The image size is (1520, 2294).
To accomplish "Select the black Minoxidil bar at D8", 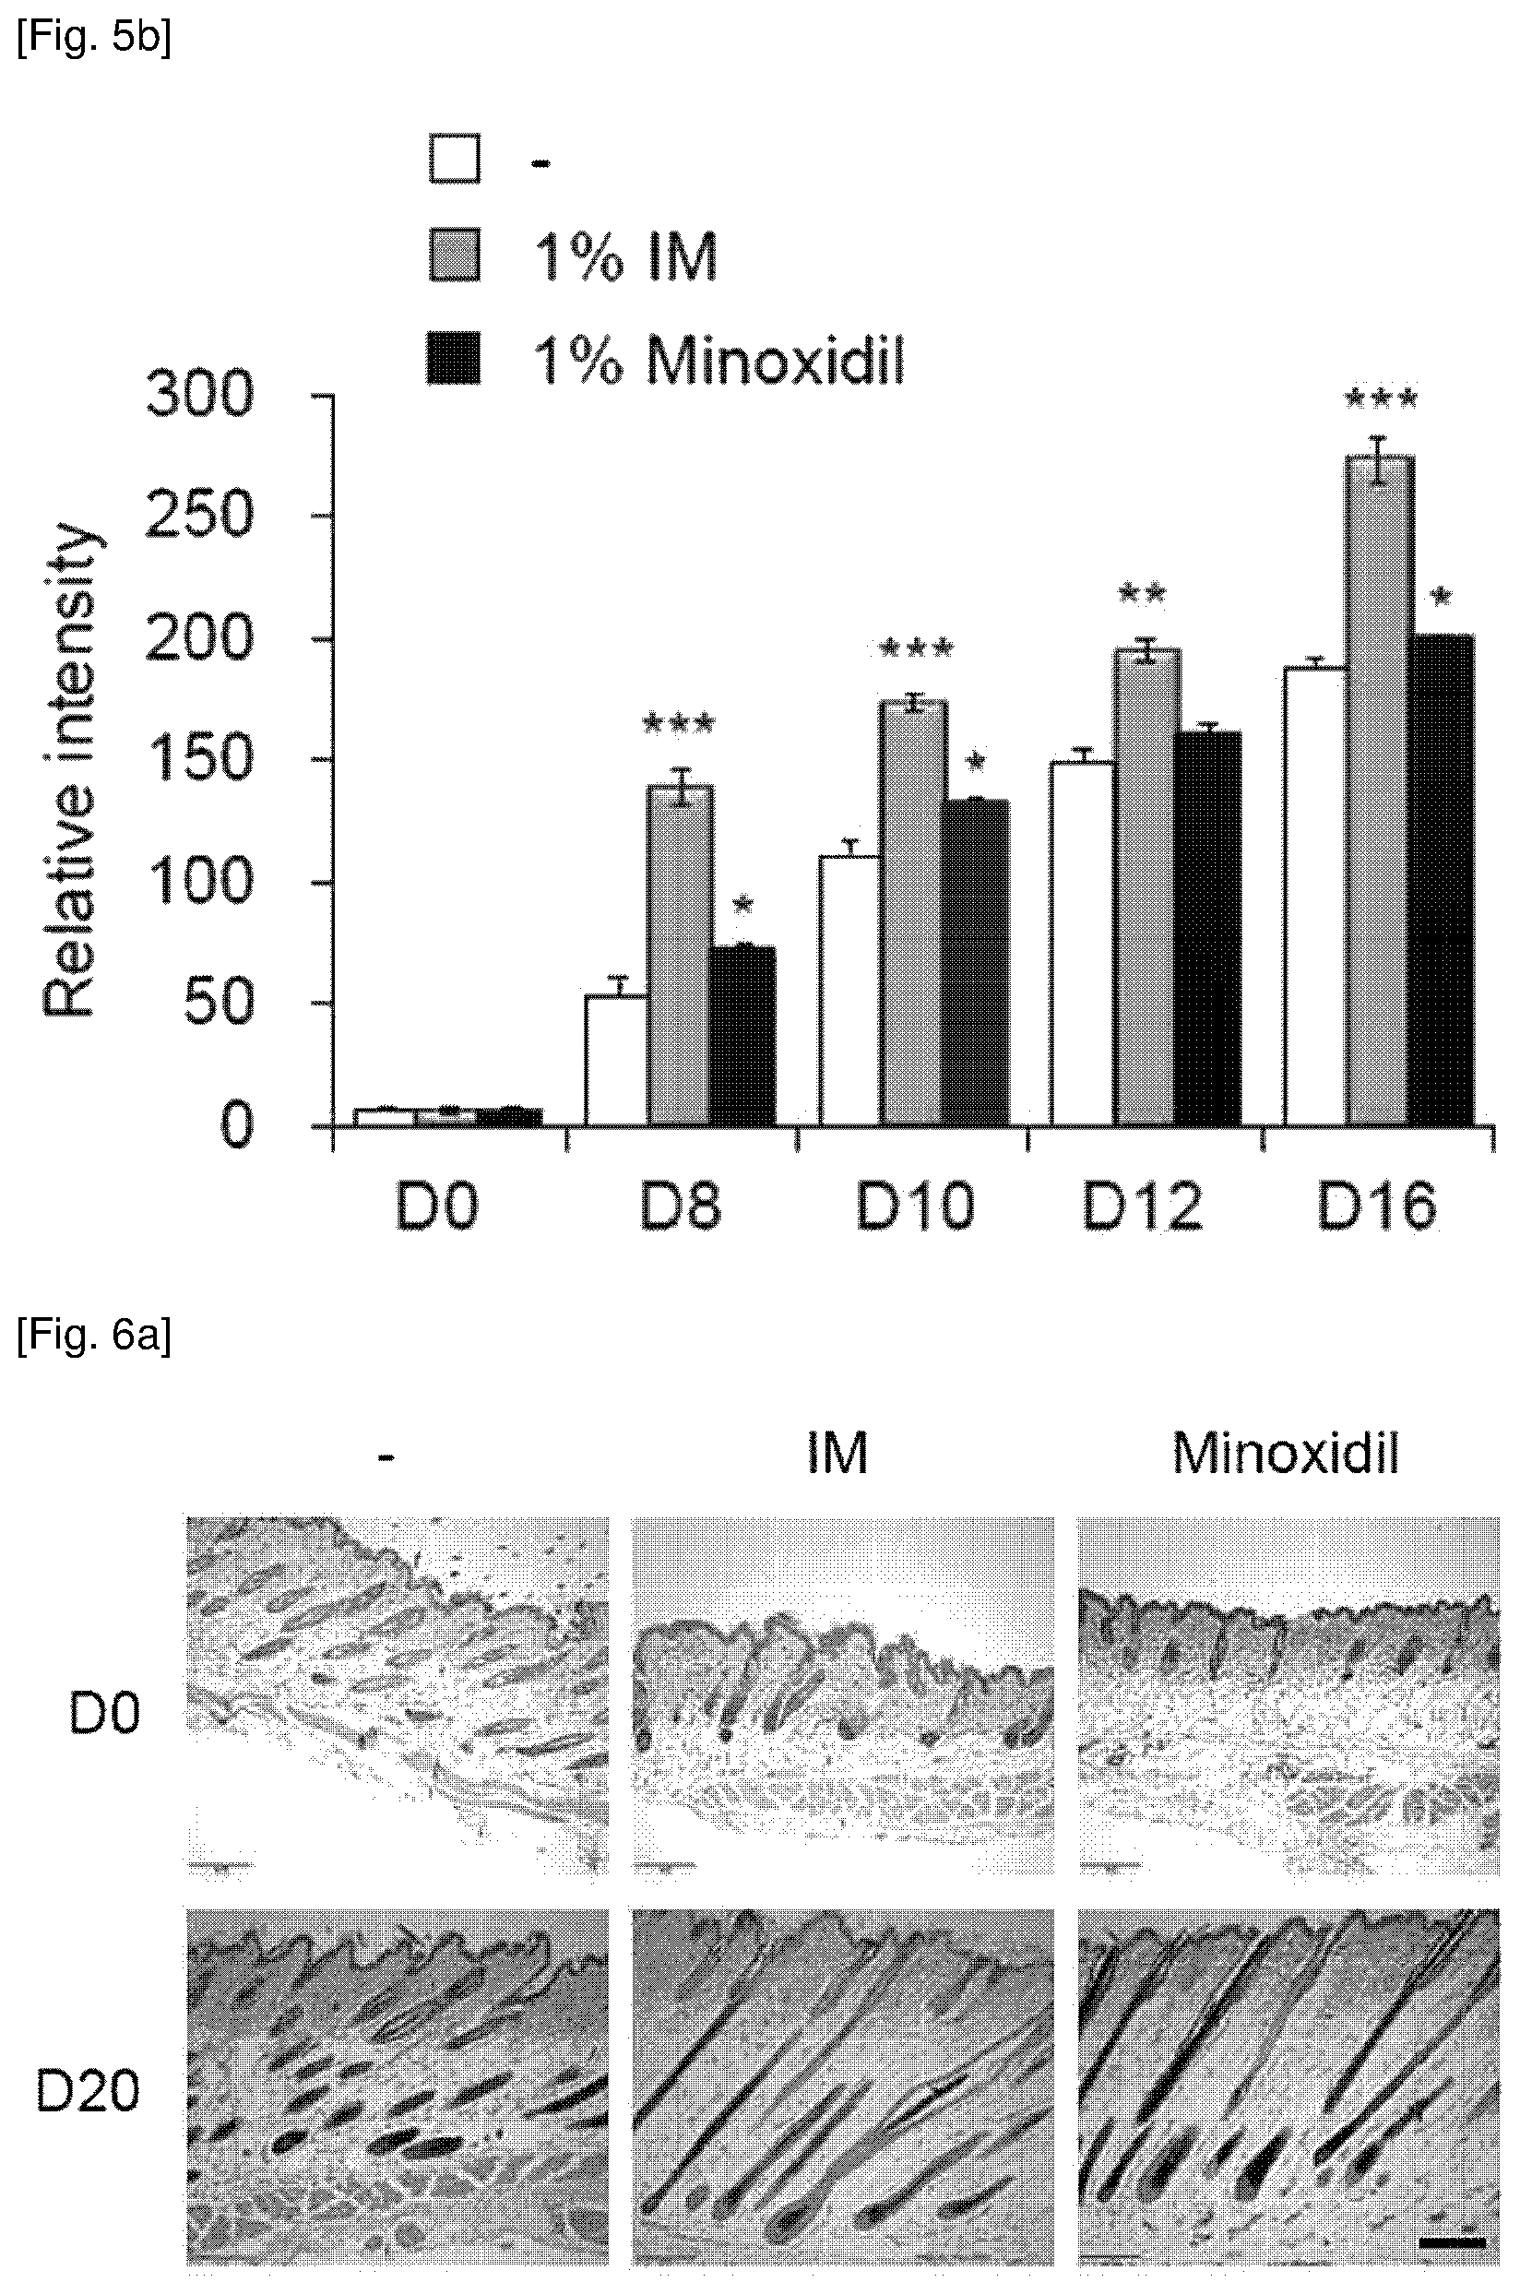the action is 742,1035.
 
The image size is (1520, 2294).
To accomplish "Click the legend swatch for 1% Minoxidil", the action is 454,358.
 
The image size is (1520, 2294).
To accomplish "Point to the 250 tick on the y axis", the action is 324,517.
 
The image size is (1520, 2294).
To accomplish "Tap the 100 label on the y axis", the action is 198,882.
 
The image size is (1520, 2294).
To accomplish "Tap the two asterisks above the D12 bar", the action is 1142,593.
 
